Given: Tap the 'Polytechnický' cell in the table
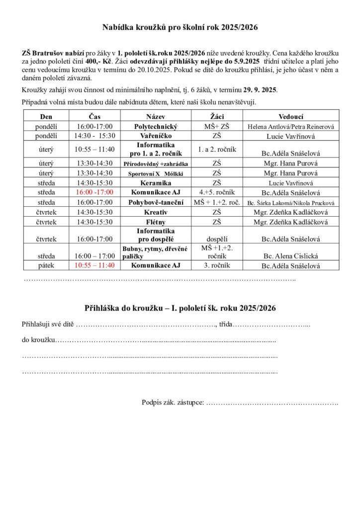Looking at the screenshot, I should pyautogui.click(x=156, y=127).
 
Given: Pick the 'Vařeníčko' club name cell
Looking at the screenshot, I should pyautogui.click(x=156, y=136).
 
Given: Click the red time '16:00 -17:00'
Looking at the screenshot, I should pyautogui.click(x=95, y=192).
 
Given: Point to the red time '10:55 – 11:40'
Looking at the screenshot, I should pyautogui.click(x=95, y=265).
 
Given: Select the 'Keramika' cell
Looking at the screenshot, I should pyautogui.click(x=156, y=182).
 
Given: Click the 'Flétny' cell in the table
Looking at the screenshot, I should pyautogui.click(x=156, y=222).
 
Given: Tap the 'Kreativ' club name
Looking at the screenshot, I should pyautogui.click(x=156, y=212).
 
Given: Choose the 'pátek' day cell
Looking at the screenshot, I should pyautogui.click(x=46, y=265).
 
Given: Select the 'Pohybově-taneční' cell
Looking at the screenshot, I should pyautogui.click(x=156, y=202).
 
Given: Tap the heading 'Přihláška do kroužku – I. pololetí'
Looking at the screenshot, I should pyautogui.click(x=180, y=308).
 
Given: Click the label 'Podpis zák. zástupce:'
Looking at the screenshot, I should pyautogui.click(x=173, y=402).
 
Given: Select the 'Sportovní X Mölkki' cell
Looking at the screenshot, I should pyautogui.click(x=156, y=173).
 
